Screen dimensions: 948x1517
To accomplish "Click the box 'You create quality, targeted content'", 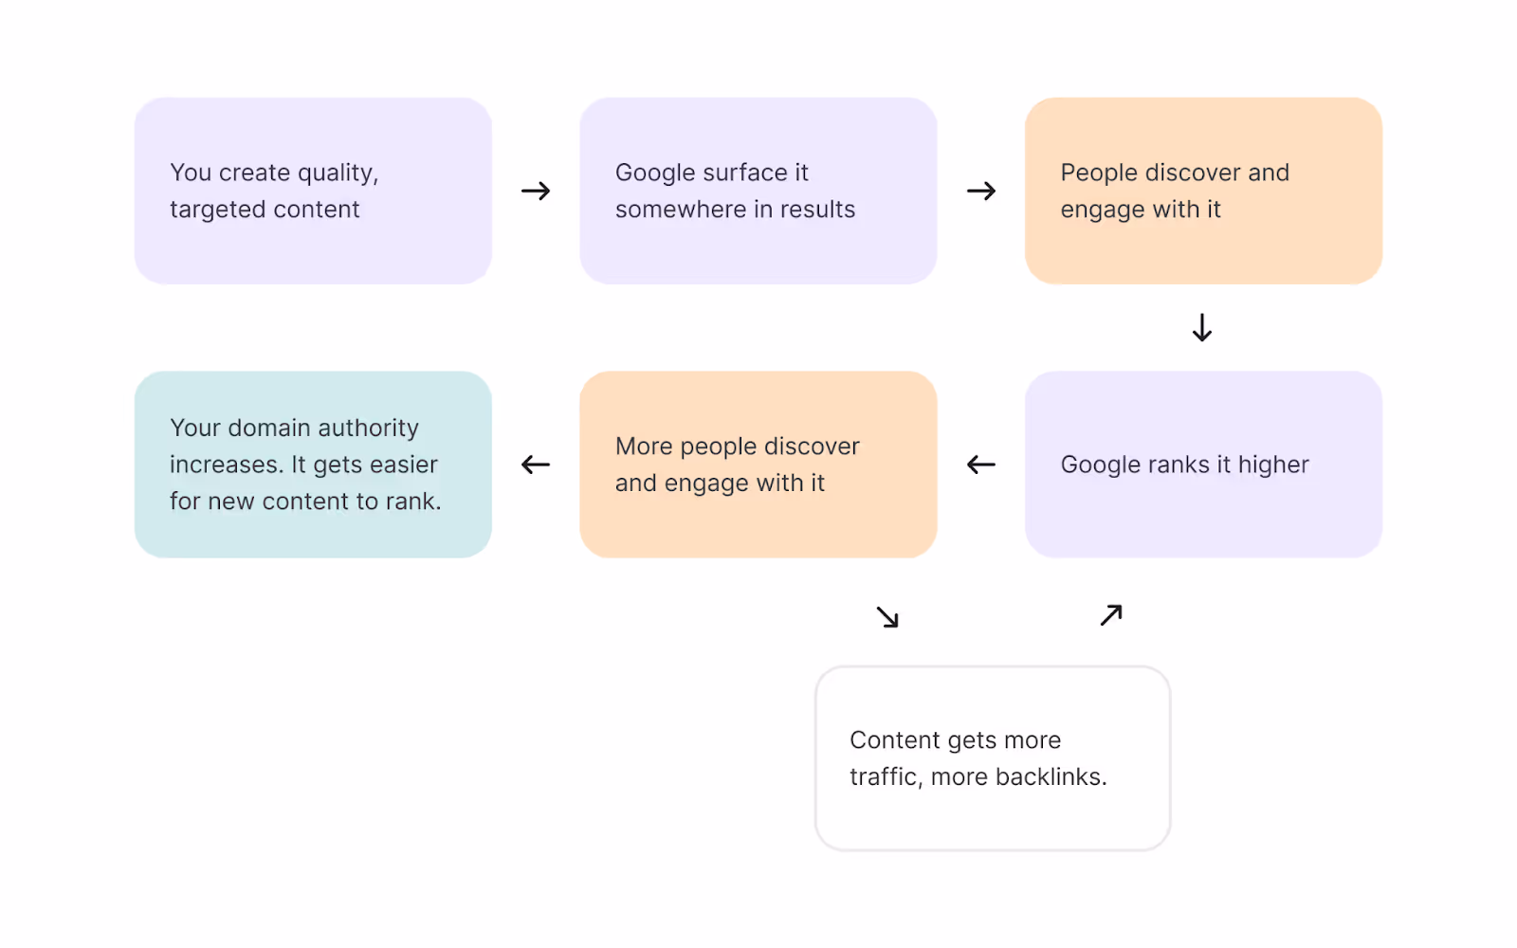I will point(313,191).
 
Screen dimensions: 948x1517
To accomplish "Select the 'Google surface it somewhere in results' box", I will point(758,191).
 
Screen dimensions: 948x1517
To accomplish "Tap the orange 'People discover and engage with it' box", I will point(1203,191).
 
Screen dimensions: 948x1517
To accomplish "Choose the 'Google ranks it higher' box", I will point(1203,465).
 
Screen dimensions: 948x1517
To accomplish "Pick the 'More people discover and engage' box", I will point(758,465).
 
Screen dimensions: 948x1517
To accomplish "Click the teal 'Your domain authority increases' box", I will point(313,465).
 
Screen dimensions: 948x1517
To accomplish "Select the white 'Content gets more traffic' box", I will point(993,758).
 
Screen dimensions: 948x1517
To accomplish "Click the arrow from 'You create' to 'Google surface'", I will point(536,191).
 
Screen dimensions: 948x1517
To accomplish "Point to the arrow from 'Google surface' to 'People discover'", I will point(981,191).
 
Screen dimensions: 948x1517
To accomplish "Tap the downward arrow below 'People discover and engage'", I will point(1202,328).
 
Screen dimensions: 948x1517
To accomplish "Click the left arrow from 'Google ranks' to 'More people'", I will point(981,465).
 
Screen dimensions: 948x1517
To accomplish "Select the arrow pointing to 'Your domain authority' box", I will point(536,465).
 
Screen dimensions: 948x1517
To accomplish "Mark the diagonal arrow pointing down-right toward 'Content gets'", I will point(887,617).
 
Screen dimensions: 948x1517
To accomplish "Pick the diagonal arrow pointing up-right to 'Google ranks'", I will point(1111,615).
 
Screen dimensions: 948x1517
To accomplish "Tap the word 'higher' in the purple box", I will point(1273,465).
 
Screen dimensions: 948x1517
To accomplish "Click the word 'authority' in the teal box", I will point(368,428).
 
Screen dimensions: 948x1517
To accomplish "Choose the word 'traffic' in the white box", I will point(883,777).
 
